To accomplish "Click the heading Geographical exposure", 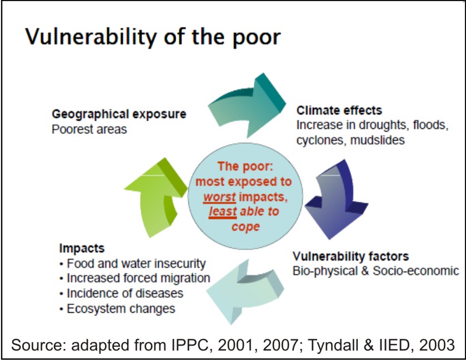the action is click(119, 114).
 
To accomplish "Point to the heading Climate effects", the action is click(339, 111).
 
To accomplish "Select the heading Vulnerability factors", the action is click(350, 256).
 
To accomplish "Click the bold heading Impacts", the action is click(82, 248).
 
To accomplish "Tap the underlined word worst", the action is click(219, 197).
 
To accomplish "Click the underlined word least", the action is click(223, 212).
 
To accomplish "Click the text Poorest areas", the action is click(89, 129).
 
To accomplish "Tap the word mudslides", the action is click(378, 139).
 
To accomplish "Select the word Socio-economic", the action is click(416, 271).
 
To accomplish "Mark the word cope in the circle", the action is click(245, 227).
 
